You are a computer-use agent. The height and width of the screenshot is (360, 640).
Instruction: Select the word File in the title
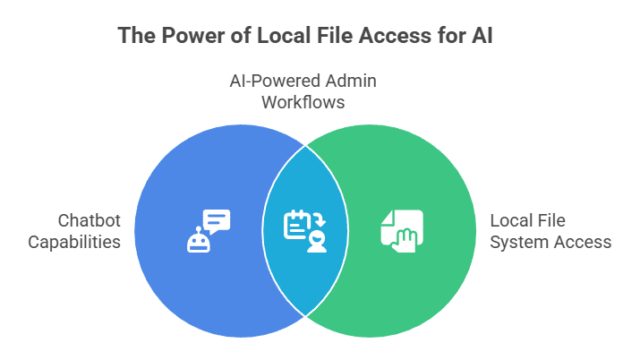pyautogui.click(x=330, y=37)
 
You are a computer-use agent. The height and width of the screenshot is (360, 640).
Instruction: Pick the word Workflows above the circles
pyautogui.click(x=303, y=102)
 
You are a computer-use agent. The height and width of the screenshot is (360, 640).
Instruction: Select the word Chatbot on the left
pyautogui.click(x=89, y=220)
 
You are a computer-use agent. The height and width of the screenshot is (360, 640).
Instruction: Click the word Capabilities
pyautogui.click(x=74, y=242)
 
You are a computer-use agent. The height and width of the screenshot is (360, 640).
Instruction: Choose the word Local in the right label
pyautogui.click(x=511, y=220)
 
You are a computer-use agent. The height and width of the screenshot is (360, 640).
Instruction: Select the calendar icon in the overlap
pyautogui.click(x=295, y=225)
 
